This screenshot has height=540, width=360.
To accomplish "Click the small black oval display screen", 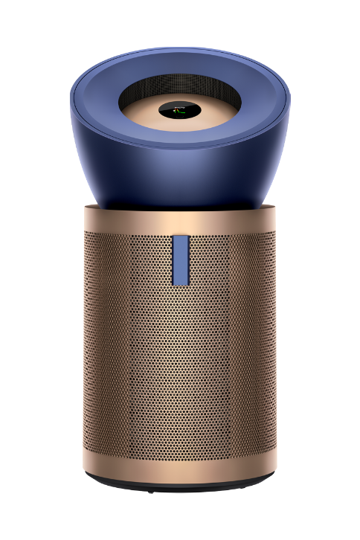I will click(x=179, y=111).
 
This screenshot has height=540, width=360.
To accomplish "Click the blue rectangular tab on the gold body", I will click(x=180, y=260).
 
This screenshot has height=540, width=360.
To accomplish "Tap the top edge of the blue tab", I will click(x=180, y=237).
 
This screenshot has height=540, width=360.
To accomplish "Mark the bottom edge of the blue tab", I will click(x=180, y=284).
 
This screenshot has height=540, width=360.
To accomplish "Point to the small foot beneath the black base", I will click(x=152, y=492).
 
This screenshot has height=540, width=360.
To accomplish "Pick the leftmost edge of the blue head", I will click(x=71, y=93).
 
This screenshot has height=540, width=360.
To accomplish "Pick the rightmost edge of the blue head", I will click(x=289, y=93).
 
